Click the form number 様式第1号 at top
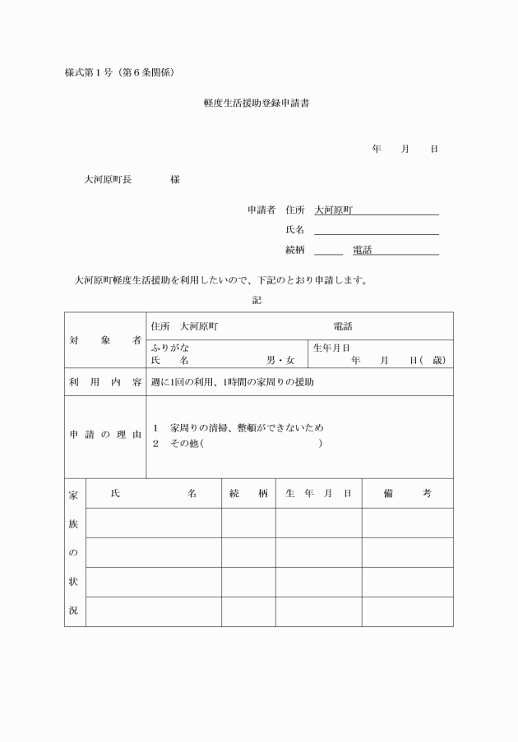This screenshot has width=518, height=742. (x=91, y=72)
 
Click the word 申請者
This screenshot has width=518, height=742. (x=261, y=210)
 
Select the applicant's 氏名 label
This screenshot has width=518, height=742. (x=294, y=229)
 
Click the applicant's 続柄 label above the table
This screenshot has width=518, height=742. (x=294, y=250)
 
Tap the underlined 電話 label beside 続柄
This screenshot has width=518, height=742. (x=362, y=250)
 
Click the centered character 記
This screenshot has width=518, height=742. (x=257, y=300)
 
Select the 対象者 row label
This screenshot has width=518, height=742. (x=104, y=340)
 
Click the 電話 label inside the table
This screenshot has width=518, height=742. (x=342, y=326)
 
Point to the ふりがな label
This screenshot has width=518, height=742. (x=169, y=348)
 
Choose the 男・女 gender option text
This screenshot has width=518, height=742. (x=280, y=361)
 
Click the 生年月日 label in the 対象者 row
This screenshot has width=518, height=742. (x=331, y=348)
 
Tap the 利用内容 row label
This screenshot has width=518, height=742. (x=104, y=382)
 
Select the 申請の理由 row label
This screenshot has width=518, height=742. (x=104, y=434)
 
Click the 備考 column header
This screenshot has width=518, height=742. (x=407, y=493)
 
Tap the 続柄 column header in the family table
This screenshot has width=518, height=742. (x=248, y=493)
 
